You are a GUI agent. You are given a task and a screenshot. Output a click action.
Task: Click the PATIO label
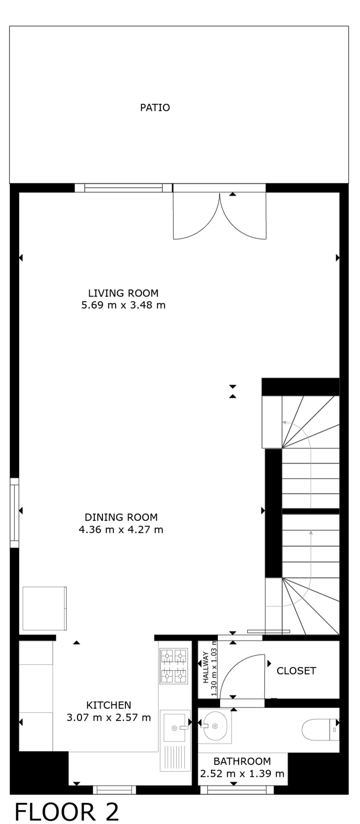pos(155,108)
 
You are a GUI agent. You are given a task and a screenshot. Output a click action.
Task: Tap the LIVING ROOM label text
pos(123,293)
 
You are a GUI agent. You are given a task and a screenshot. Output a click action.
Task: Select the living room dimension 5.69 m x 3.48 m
pos(123,305)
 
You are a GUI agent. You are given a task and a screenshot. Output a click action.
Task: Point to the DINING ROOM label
pos(121,517)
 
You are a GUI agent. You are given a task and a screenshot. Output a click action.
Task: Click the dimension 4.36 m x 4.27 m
pos(121,529)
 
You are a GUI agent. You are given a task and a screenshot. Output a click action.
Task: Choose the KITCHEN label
pos(109,705)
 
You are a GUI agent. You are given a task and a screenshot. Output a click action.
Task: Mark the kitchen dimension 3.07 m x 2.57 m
pos(109,718)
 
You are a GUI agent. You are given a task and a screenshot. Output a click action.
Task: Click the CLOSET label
pos(296,671)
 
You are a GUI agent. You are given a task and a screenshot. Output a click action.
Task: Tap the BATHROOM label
pos(242,761)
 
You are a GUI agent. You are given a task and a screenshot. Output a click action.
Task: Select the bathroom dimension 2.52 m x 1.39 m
pos(242,773)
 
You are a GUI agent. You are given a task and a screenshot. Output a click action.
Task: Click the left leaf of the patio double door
pos(197,216)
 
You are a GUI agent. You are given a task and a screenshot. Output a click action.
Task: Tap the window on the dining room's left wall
pos(14,513)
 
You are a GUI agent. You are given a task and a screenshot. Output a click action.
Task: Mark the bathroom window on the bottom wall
pos(237,790)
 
